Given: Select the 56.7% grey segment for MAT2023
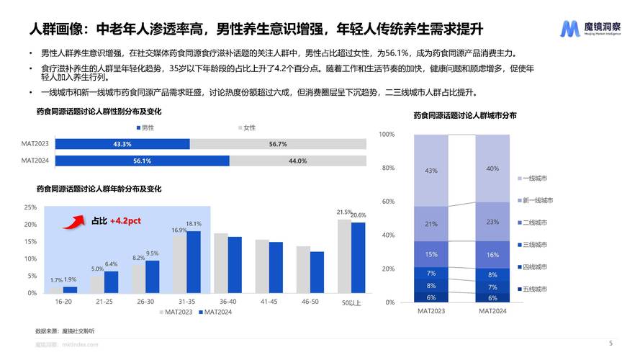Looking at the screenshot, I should (x=277, y=144).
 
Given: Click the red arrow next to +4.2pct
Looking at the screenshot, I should (x=74, y=220).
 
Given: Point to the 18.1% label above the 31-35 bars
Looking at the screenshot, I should (x=194, y=225).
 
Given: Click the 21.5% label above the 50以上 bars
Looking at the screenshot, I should (x=344, y=212).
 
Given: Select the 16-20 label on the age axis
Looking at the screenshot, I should (x=63, y=302).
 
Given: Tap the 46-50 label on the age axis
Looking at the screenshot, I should (x=311, y=302).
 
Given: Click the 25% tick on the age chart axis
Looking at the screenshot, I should (x=31, y=207).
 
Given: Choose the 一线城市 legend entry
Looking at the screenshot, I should (x=532, y=178).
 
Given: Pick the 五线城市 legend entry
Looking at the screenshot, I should (x=532, y=289).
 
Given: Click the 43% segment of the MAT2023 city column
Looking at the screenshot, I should (x=431, y=171).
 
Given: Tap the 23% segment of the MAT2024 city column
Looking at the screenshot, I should (x=492, y=222).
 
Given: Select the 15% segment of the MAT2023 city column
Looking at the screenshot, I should (x=431, y=254).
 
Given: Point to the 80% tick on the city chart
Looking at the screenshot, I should (x=387, y=168).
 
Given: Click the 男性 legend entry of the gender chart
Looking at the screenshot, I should (x=145, y=127).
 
